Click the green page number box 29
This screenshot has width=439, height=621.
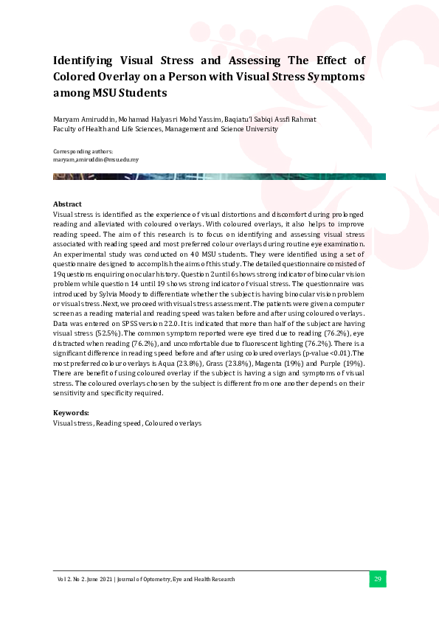[377, 579]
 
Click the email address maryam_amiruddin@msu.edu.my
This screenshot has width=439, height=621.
[96, 159]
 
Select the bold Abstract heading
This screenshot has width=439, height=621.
[67, 204]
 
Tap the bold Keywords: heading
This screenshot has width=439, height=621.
[71, 413]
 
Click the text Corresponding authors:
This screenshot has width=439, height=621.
[83, 151]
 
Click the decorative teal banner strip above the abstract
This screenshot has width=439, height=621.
[219, 176]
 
